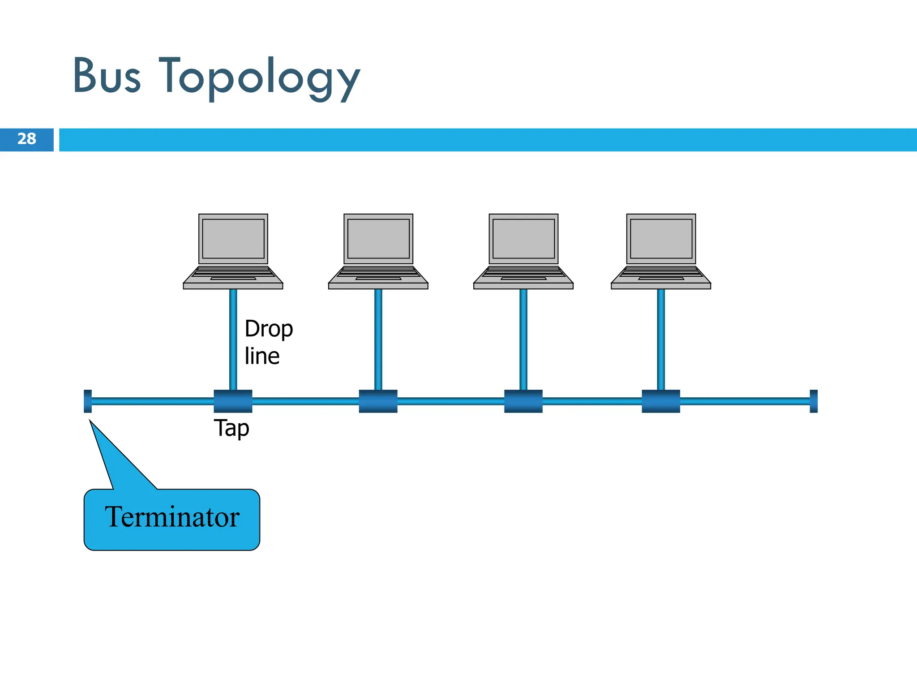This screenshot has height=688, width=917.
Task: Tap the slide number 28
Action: point(26,139)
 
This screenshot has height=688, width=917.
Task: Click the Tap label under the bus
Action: point(231,428)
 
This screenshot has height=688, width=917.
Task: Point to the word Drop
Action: point(269,329)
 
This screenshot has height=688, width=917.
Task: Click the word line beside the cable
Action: point(262,357)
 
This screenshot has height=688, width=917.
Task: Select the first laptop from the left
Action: point(233,251)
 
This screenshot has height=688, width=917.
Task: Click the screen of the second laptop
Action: point(378,238)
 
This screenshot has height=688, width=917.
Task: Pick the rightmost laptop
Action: point(661,251)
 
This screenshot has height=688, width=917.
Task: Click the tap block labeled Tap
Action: point(233,401)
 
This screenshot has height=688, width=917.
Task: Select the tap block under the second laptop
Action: point(378,401)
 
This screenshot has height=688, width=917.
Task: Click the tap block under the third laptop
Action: point(523,401)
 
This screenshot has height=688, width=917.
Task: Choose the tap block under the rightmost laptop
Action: point(661,401)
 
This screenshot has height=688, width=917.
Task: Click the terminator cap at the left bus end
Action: point(88,401)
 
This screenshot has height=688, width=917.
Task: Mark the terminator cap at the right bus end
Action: point(814,401)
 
